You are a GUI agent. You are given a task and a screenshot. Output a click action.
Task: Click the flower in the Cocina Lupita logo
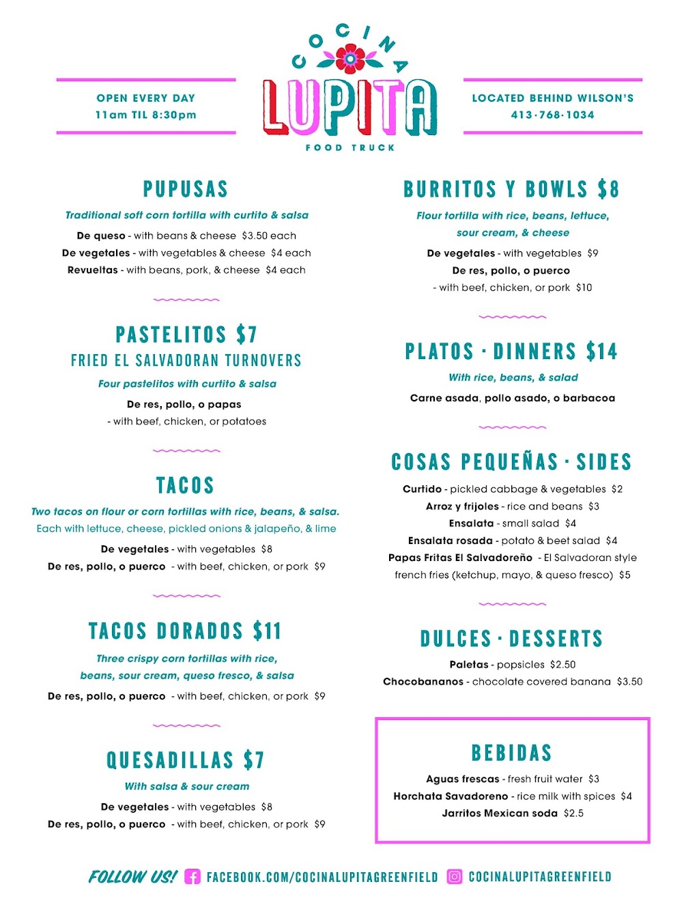click(351, 59)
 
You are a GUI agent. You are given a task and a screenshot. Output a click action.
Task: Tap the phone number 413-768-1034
click(552, 115)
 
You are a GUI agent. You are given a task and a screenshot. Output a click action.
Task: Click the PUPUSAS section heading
click(186, 189)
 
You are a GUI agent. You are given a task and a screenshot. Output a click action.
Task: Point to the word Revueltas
click(93, 270)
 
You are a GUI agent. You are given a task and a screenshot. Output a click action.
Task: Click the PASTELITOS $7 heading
click(186, 334)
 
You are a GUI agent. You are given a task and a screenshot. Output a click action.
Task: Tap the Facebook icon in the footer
click(193, 877)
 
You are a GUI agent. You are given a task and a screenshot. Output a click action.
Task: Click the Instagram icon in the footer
click(455, 877)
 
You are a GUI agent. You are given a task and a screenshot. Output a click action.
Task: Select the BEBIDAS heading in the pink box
click(512, 753)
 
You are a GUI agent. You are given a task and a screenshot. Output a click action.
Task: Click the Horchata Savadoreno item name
click(451, 796)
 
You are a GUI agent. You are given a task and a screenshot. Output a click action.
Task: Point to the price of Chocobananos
click(629, 681)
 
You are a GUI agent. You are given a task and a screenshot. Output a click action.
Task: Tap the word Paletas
click(469, 664)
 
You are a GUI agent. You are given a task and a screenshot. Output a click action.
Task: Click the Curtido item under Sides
click(422, 489)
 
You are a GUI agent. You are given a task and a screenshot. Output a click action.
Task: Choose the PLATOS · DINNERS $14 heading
click(511, 351)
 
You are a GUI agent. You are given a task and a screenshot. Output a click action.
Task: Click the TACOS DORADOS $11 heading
click(185, 631)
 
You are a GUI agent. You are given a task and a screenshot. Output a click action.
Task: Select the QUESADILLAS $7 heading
click(185, 760)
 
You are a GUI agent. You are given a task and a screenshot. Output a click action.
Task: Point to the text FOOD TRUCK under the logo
click(350, 147)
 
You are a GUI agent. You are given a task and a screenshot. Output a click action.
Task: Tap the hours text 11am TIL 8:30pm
click(145, 115)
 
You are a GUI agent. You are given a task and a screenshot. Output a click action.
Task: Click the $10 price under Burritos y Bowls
click(584, 287)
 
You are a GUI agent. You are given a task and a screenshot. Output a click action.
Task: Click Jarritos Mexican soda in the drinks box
click(500, 813)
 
